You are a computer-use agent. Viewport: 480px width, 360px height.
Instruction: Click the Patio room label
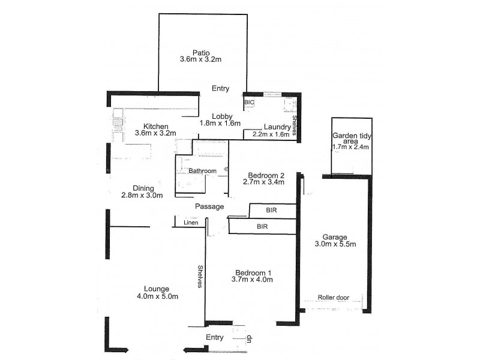(x=200, y=52)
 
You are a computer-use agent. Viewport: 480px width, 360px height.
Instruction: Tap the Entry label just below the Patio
(x=220, y=88)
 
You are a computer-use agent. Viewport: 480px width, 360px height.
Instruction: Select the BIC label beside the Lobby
(x=249, y=103)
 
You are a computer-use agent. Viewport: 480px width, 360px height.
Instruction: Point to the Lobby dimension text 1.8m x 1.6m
(x=220, y=124)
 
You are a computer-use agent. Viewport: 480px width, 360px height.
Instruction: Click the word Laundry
(x=277, y=127)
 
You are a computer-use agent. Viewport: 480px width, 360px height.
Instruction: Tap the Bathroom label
(x=202, y=171)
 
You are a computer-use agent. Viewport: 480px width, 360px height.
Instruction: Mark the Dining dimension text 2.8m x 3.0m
(x=142, y=196)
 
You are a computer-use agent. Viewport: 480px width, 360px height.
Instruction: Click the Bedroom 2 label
(x=262, y=175)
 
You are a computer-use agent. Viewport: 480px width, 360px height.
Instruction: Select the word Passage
(x=209, y=207)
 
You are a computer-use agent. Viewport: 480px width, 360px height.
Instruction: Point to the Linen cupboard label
(x=191, y=224)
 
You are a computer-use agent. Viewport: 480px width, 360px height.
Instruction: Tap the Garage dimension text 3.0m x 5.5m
(x=335, y=244)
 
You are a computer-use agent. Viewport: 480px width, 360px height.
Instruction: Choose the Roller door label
(x=334, y=297)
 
